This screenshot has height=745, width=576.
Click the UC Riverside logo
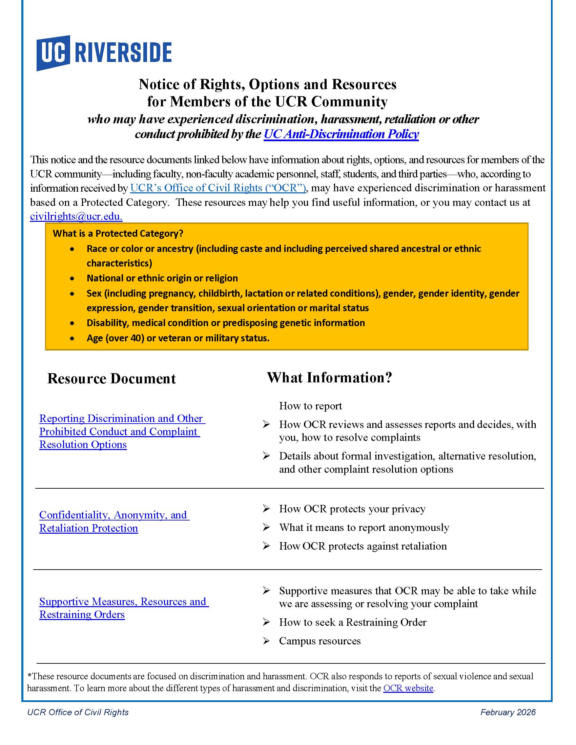[104, 53]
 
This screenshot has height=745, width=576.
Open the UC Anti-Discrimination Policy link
[341, 134]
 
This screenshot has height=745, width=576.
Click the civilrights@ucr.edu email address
[76, 216]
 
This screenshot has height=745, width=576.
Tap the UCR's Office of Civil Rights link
[218, 188]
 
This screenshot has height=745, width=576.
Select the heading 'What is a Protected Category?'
[118, 234]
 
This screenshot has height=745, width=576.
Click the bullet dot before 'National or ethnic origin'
[72, 278]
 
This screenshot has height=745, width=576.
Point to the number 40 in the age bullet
[135, 338]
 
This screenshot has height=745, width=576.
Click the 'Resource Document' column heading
[111, 379]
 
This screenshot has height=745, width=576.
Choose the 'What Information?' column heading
[329, 378]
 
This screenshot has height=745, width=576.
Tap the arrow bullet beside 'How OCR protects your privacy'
[266, 509]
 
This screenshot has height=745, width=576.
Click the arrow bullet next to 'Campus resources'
[266, 641]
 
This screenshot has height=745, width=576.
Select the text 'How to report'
[310, 406]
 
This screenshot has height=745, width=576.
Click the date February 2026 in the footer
[508, 712]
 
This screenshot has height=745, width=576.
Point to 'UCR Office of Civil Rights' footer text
[78, 712]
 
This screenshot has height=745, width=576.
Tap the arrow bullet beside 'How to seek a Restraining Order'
[266, 622]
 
